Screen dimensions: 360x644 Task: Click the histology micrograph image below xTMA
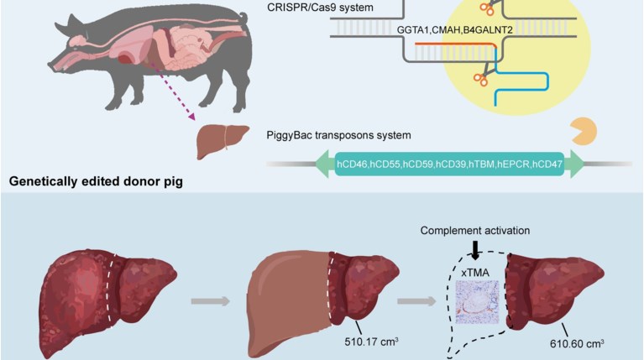point(476,301)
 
